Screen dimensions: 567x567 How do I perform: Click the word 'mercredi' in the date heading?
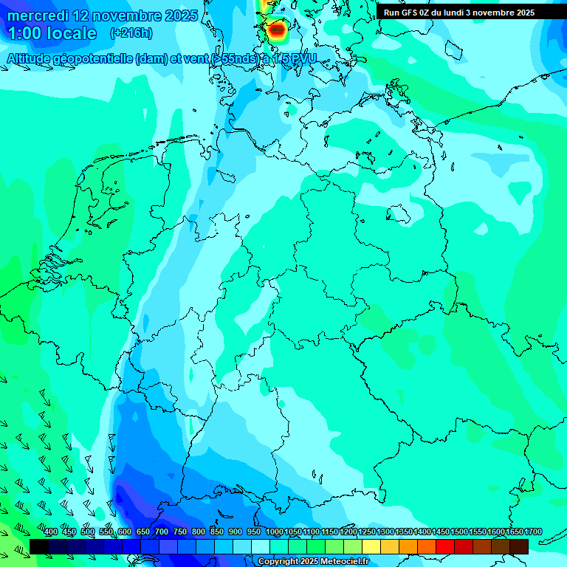coord(38,15)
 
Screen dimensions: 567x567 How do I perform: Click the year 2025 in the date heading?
coord(178,15)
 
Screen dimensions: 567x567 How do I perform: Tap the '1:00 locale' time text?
coord(52,33)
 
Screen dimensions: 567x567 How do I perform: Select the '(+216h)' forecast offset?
coord(131,33)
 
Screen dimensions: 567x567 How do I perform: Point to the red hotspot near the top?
coord(277,30)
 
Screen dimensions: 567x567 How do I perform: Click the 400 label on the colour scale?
coord(51,532)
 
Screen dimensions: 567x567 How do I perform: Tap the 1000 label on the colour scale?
coord(274,532)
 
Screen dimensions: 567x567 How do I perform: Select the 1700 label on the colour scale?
coord(533,532)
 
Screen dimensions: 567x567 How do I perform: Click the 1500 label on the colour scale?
coord(459,532)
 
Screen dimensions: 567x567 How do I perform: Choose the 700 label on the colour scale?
coord(162,532)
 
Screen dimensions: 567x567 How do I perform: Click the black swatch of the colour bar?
coord(39,546)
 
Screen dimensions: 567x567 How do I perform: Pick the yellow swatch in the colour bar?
coord(371,546)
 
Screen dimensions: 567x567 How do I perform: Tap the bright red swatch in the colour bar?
coord(445,546)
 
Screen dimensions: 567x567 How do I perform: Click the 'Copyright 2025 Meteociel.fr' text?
coord(313,562)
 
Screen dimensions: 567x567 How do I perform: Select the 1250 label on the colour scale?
coord(367,532)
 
